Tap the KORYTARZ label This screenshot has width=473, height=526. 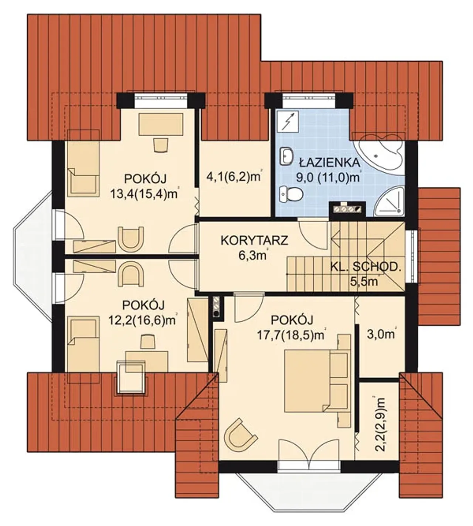pos(254,240)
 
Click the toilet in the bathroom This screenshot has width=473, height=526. pos(291,194)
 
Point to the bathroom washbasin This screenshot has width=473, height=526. pos(286,156)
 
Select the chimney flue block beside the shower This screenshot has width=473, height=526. pos(347,209)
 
